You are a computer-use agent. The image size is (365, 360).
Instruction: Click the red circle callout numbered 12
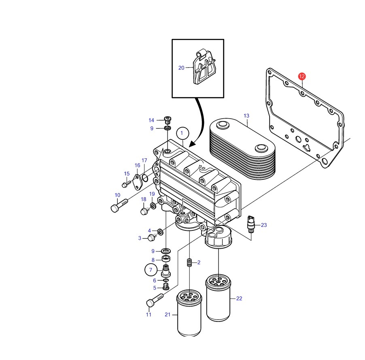(302, 76)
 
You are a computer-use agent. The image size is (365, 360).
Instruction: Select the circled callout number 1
(182, 133)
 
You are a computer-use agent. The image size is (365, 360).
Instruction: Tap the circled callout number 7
(151, 270)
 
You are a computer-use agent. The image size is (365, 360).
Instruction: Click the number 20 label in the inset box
(181, 68)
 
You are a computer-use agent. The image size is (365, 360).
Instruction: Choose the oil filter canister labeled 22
(218, 298)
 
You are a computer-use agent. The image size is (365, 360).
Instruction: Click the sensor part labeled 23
(251, 224)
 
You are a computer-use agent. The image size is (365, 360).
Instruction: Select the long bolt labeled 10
(119, 205)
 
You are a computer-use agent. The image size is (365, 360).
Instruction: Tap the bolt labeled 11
(155, 300)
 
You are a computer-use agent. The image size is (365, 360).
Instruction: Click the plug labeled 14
(168, 120)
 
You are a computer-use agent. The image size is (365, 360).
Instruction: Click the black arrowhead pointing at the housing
(193, 144)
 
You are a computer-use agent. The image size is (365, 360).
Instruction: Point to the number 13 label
(246, 115)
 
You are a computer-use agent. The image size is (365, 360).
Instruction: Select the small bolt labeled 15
(126, 184)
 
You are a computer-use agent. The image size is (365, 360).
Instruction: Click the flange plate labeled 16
(138, 182)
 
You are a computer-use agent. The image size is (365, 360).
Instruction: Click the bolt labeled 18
(145, 211)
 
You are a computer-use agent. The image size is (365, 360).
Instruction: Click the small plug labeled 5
(166, 287)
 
